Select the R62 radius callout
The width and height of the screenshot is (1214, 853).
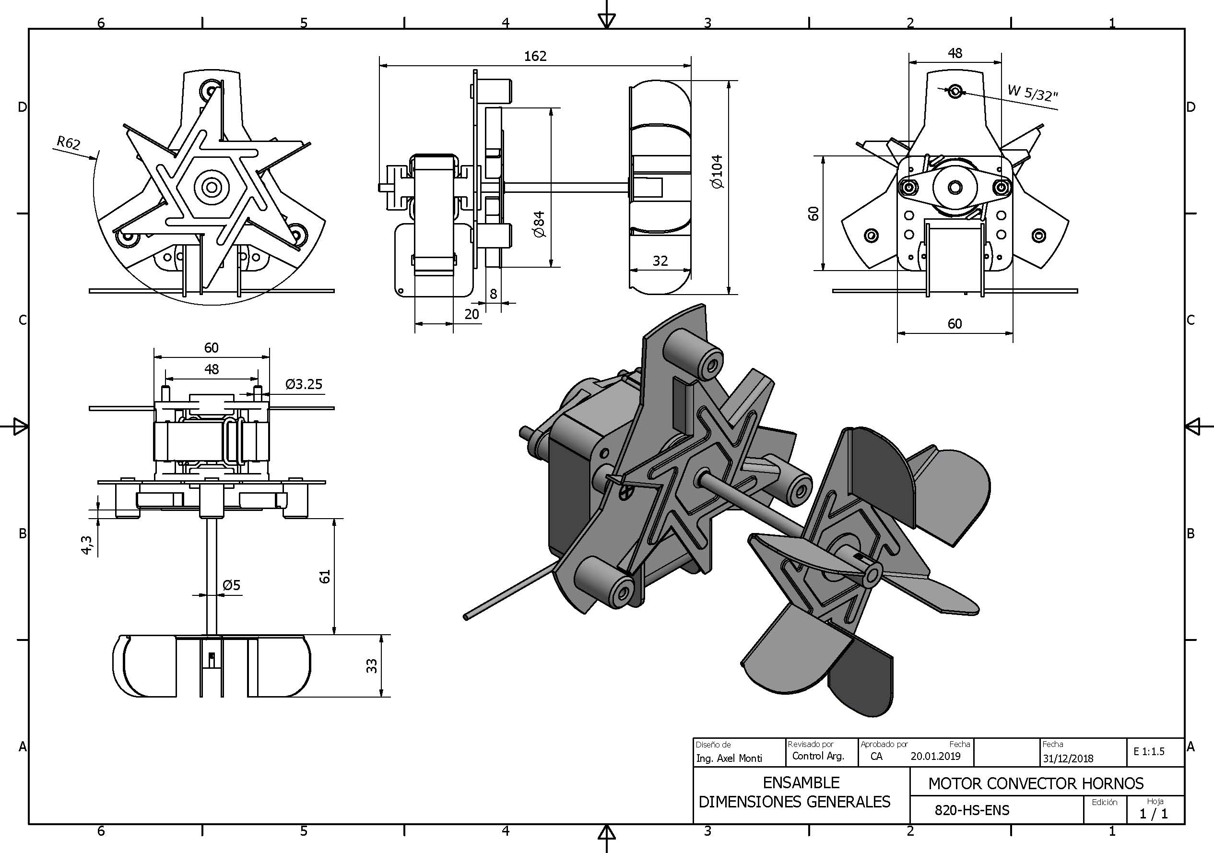pos(68,142)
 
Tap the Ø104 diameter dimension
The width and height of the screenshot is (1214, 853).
pos(717,171)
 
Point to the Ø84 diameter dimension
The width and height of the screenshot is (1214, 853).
pos(539,224)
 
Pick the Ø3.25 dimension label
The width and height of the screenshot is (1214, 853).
pos(304,384)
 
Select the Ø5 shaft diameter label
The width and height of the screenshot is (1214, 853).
pos(231,585)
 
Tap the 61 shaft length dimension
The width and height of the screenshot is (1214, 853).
pos(325,577)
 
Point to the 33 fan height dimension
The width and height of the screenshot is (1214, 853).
pos(372,665)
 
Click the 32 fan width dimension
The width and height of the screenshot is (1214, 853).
pos(660,261)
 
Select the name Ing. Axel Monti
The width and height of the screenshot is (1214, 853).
pos(729,758)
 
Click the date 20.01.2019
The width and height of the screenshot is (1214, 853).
pos(935,756)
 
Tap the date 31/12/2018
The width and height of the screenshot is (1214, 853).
pos(1068,758)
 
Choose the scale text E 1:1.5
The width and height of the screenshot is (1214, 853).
pos(1149,751)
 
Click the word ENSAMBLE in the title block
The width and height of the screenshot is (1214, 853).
pos(801,782)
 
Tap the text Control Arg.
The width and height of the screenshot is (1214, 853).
pos(818,756)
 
